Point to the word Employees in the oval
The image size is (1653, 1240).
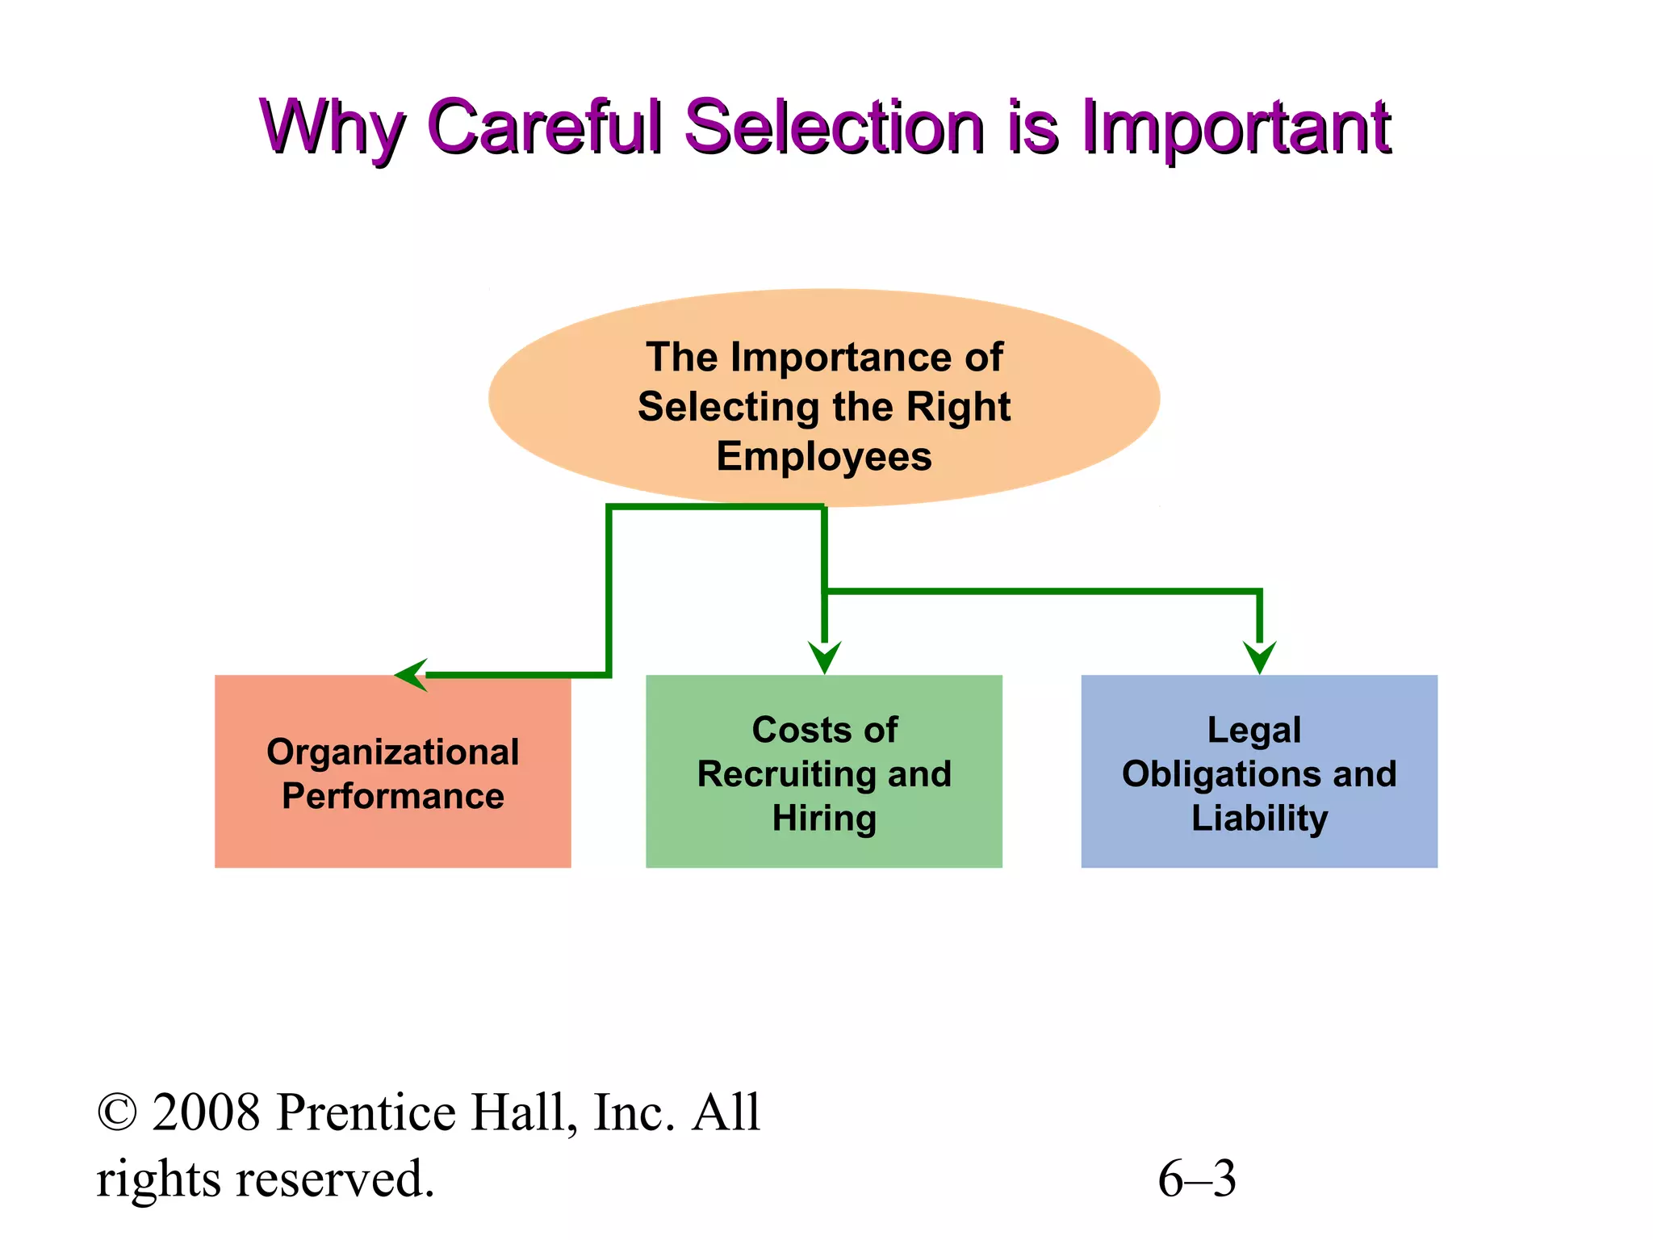pyautogui.click(x=824, y=457)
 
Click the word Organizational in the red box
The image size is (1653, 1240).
pyautogui.click(x=393, y=752)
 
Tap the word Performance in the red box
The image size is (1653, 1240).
pyautogui.click(x=393, y=797)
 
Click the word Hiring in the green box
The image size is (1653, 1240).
pyautogui.click(x=824, y=819)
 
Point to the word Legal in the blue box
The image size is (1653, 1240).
pyautogui.click(x=1254, y=731)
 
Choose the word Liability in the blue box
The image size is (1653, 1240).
pyautogui.click(x=1259, y=819)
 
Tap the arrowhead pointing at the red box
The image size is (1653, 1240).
pyautogui.click(x=411, y=675)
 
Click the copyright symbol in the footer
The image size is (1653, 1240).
pyautogui.click(x=117, y=1113)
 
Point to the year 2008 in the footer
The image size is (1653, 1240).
pyautogui.click(x=207, y=1113)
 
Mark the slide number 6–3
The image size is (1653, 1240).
pyautogui.click(x=1197, y=1179)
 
